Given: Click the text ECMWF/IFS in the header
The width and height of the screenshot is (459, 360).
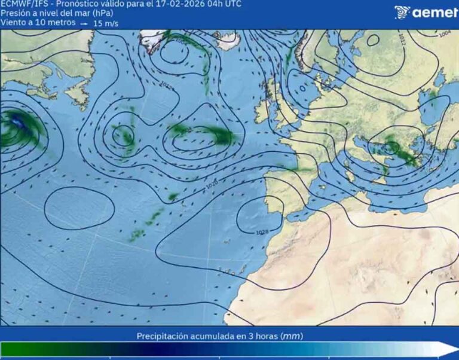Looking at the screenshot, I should (24, 4).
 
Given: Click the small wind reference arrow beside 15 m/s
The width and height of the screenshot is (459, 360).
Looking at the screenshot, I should (84, 23).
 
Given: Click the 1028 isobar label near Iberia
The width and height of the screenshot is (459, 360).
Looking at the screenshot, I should (261, 231).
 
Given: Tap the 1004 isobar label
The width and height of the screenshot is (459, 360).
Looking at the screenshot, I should (445, 34).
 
